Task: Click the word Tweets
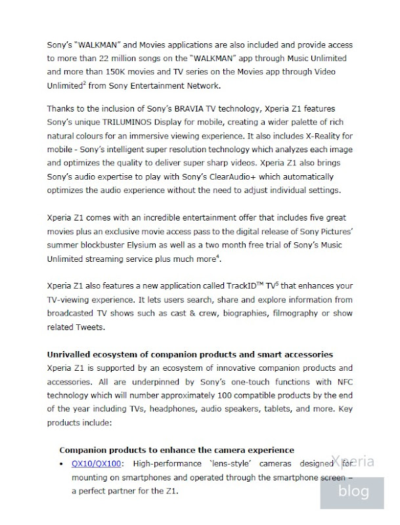click(93, 327)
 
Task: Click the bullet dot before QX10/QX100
click(62, 464)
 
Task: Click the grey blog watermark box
click(353, 490)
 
